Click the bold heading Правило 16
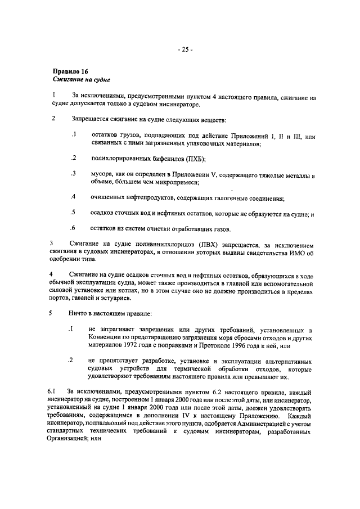tap(70, 72)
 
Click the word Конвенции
tap(105, 337)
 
